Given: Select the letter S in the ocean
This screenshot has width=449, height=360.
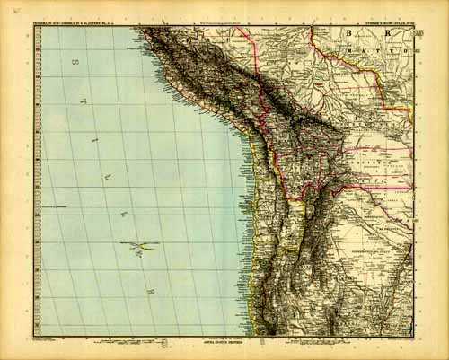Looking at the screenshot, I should pos(77,63).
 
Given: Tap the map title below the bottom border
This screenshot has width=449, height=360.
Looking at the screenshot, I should pos(224,345).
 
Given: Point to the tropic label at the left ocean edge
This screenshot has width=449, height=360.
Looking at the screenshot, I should pos(54,206).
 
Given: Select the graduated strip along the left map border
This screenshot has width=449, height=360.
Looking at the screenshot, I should pos(35,180).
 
